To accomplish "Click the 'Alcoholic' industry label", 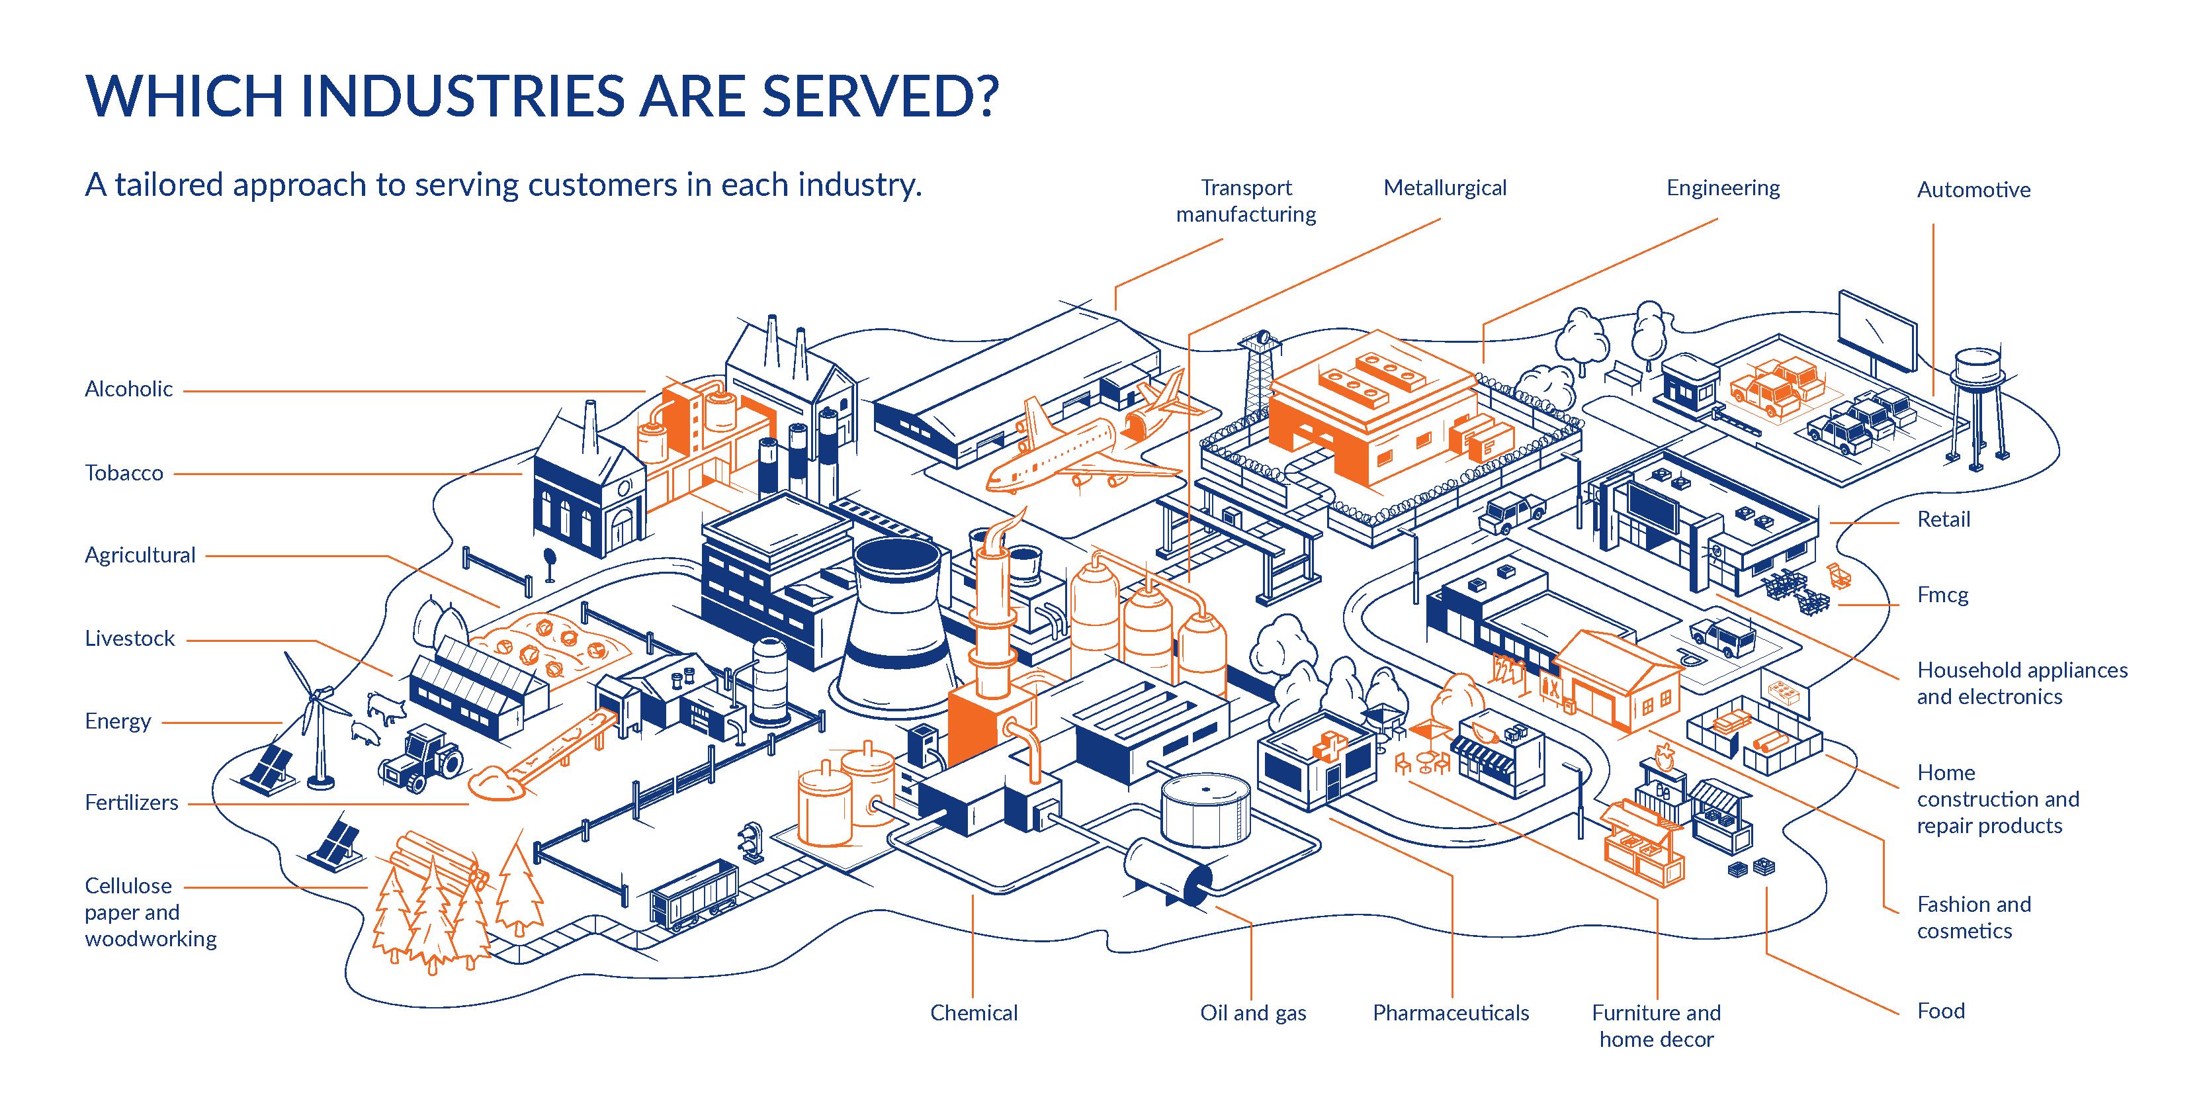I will [128, 389].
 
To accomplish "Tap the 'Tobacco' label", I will [124, 473].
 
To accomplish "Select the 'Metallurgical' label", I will [1444, 189].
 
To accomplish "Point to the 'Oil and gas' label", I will [1253, 1013].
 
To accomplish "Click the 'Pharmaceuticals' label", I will [1450, 1013].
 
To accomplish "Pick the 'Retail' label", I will [1943, 519].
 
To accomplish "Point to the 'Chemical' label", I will [973, 1013].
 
